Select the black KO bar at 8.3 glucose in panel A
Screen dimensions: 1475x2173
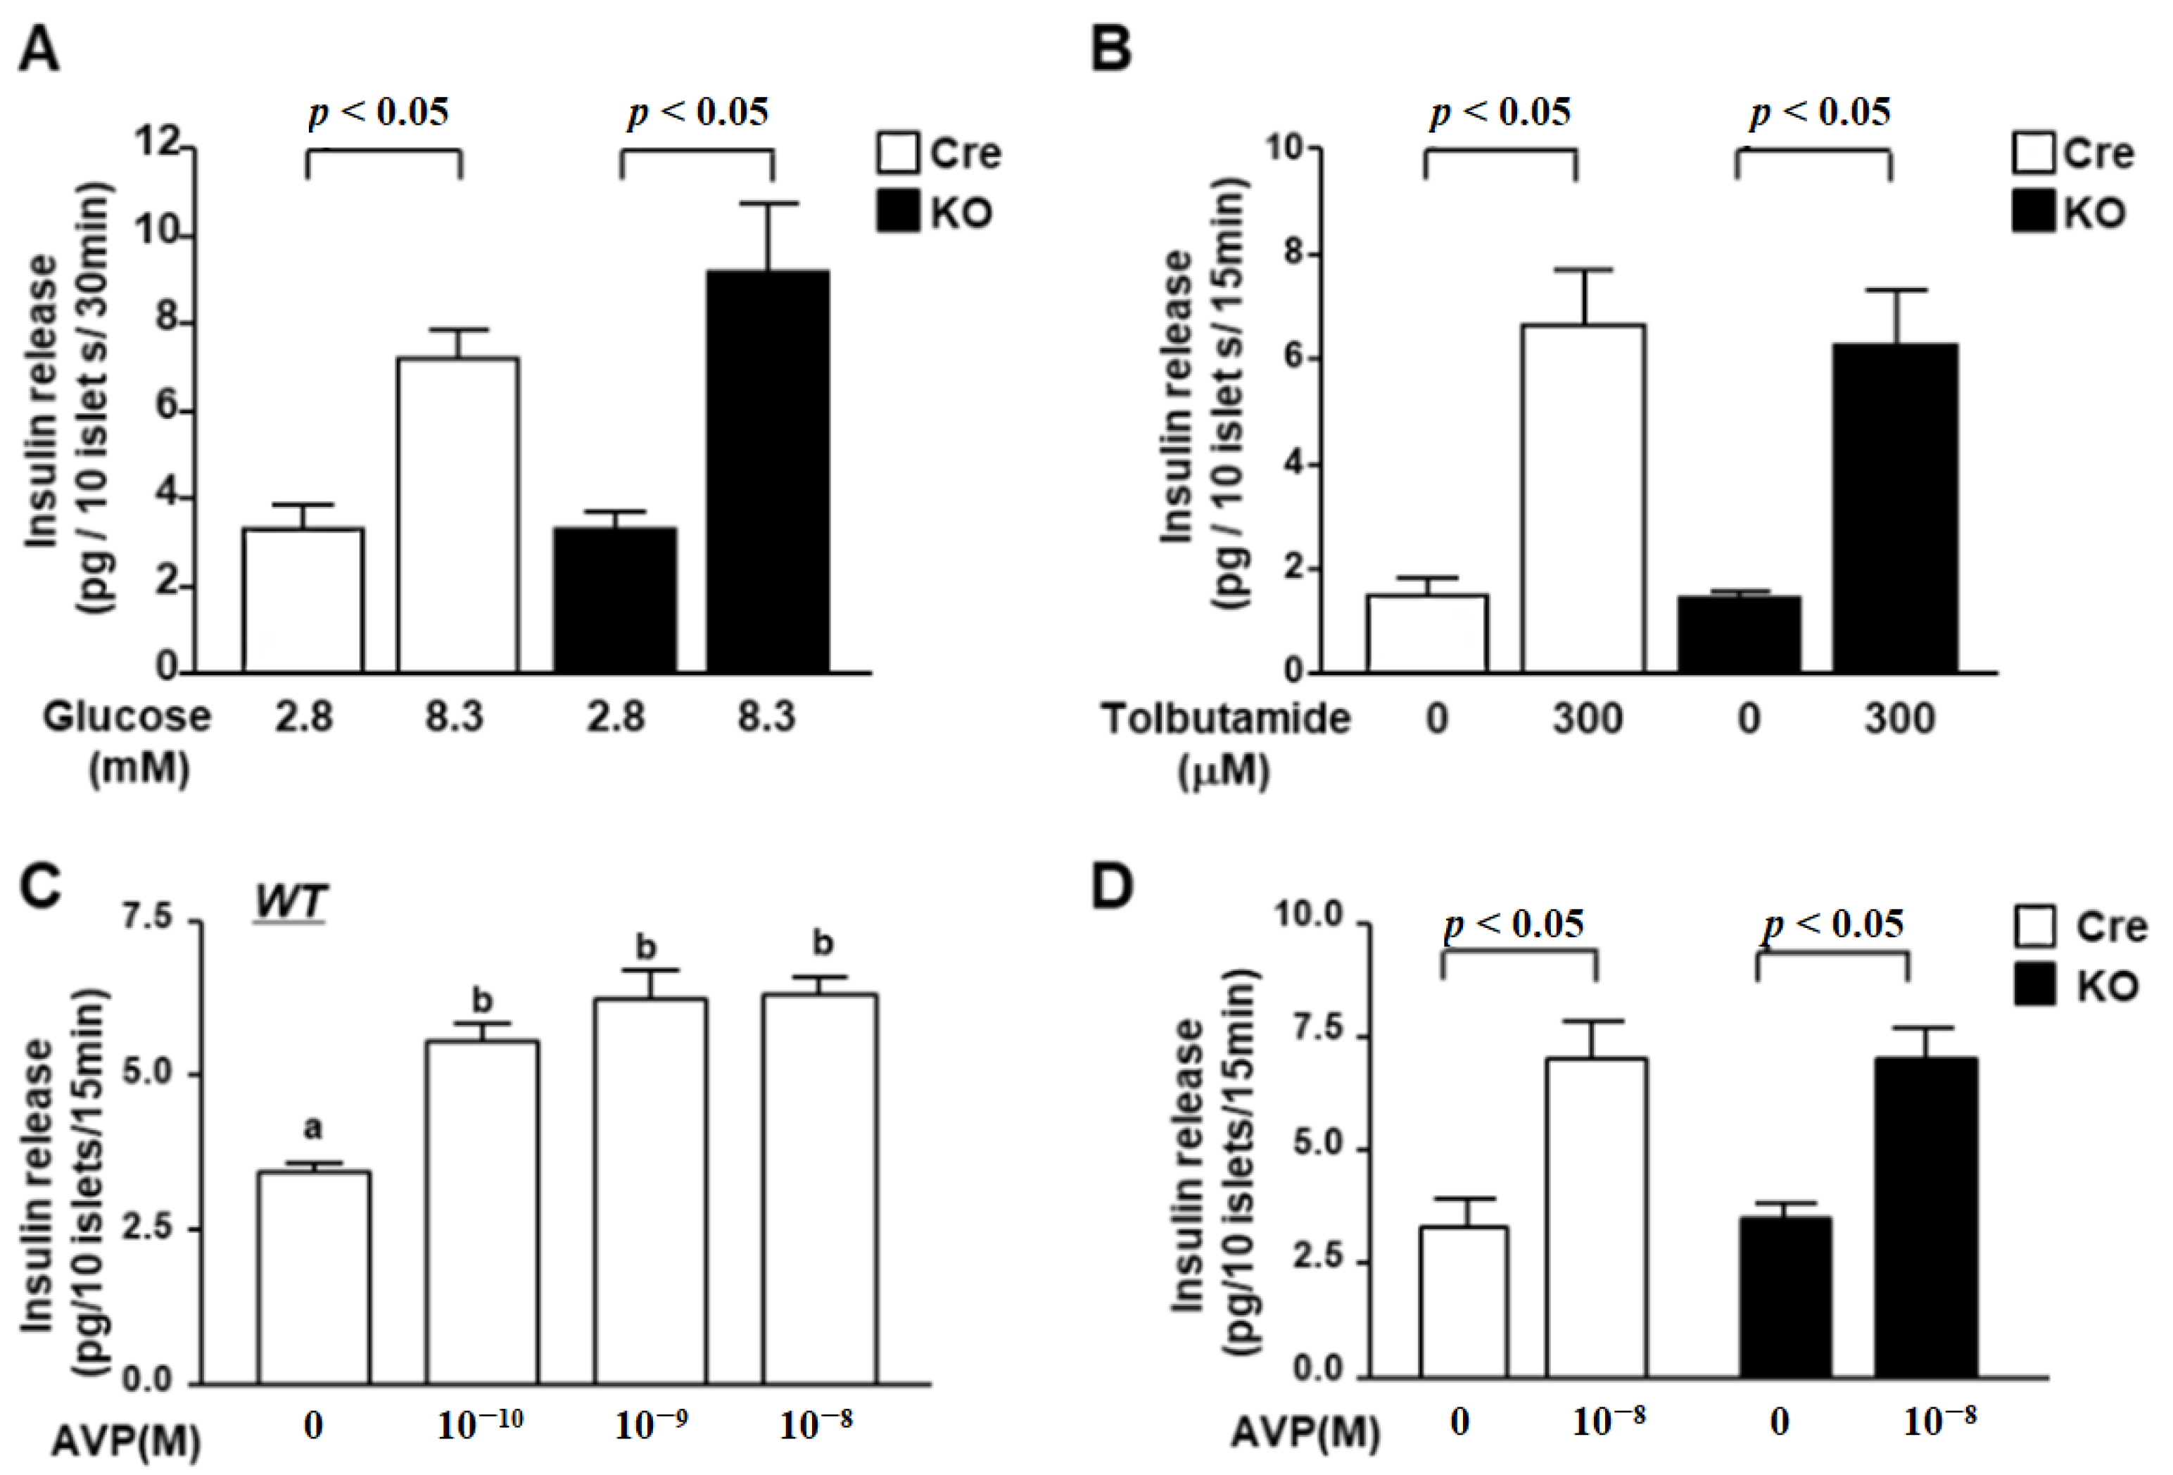click(767, 472)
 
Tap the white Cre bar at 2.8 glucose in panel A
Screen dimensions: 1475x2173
click(303, 600)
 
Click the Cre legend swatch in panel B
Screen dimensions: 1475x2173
click(2034, 153)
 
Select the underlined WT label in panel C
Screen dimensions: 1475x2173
click(290, 903)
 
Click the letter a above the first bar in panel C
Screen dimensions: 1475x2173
click(313, 1129)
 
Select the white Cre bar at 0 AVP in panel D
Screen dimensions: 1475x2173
click(1463, 1302)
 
